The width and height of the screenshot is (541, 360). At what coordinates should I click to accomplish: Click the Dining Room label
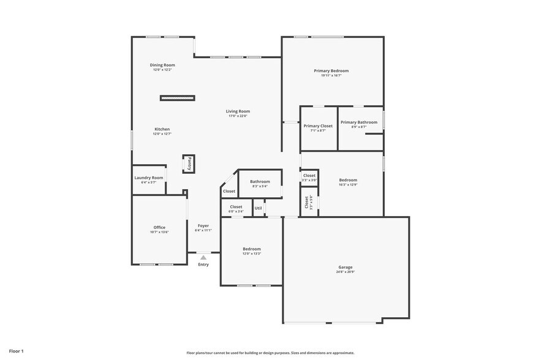pyautogui.click(x=162, y=65)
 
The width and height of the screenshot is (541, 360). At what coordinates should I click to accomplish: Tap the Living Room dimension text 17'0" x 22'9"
pyautogui.click(x=238, y=116)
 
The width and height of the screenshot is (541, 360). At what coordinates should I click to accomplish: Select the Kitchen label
pyautogui.click(x=162, y=129)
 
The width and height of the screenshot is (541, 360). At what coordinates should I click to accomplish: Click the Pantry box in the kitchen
pyautogui.click(x=189, y=163)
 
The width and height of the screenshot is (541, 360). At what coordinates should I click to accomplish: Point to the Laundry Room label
pyautogui.click(x=149, y=178)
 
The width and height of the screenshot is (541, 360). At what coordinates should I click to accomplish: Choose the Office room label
pyautogui.click(x=159, y=227)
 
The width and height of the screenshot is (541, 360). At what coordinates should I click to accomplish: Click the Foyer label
pyautogui.click(x=203, y=225)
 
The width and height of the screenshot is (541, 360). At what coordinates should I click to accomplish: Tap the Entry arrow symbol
pyautogui.click(x=203, y=258)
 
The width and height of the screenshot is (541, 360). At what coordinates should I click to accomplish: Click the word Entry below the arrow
pyautogui.click(x=203, y=264)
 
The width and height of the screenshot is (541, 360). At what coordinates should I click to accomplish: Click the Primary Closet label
pyautogui.click(x=318, y=126)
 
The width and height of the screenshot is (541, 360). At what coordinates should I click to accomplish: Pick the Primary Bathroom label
pyautogui.click(x=358, y=122)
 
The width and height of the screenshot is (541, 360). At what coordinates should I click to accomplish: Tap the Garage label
pyautogui.click(x=346, y=267)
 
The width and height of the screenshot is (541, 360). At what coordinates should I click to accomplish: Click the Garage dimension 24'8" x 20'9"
pyautogui.click(x=346, y=272)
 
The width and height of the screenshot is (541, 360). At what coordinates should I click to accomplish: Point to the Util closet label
pyautogui.click(x=258, y=208)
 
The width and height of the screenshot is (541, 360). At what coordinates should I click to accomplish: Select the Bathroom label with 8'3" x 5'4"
pyautogui.click(x=260, y=181)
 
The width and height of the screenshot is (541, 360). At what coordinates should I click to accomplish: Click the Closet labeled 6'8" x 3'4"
pyautogui.click(x=236, y=207)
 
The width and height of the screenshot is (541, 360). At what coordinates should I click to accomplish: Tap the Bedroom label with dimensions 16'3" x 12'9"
pyautogui.click(x=348, y=180)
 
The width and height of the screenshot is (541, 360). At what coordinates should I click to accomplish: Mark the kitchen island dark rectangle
pyautogui.click(x=178, y=98)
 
